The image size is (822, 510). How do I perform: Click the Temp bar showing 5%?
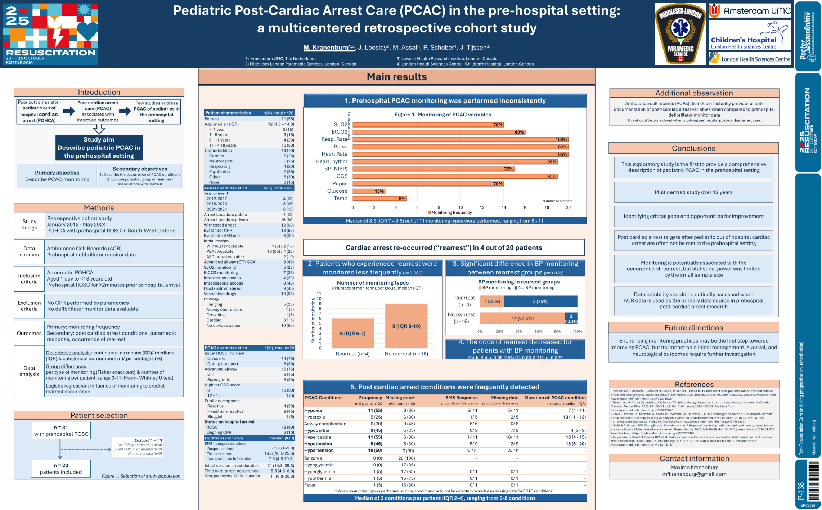[x=379, y=198]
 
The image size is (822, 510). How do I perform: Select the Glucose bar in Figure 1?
[x=369, y=191]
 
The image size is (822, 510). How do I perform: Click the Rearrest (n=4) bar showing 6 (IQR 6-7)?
[x=352, y=333]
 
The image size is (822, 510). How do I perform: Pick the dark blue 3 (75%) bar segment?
[x=540, y=301]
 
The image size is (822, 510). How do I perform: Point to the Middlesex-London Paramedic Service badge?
[x=680, y=34]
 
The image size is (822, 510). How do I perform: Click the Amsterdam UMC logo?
[x=750, y=11]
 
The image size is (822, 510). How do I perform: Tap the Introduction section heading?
[x=99, y=92]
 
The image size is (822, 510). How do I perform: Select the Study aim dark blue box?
[x=99, y=148]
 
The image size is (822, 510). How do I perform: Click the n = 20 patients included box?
[x=61, y=469]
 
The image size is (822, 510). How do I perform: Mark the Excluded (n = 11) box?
[x=138, y=447]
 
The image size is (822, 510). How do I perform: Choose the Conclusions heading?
[x=693, y=148]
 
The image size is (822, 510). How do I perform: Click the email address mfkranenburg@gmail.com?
[x=694, y=474]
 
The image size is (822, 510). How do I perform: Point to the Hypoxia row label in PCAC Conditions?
[x=313, y=410]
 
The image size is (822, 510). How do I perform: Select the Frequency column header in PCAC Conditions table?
[x=370, y=398]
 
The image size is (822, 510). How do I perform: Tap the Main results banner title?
[x=397, y=77]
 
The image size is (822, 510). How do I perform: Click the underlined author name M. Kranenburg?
[x=326, y=48]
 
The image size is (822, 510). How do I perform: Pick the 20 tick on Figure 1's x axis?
[x=568, y=207]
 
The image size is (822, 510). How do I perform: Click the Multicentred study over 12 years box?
[x=693, y=192]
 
